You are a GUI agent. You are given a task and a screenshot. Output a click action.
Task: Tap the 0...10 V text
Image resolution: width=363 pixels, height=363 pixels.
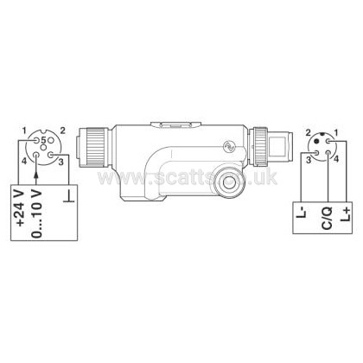point(37,213)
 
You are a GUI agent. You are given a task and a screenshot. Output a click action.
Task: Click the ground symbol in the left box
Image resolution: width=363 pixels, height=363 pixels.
point(68,196)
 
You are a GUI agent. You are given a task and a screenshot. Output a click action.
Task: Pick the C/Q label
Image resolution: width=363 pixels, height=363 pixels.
point(327,218)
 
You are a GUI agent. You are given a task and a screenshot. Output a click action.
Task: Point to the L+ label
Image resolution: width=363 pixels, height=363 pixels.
point(346,213)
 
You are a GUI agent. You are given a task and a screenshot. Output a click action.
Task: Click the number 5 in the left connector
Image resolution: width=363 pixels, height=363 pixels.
point(43,140)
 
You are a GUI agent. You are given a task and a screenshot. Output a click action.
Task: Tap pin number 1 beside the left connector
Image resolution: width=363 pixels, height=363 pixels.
point(24,131)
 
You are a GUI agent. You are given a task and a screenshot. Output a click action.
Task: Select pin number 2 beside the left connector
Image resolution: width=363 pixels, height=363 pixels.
point(62,131)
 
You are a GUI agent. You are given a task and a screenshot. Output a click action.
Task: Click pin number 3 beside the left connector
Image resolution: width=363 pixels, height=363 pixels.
point(60,162)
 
